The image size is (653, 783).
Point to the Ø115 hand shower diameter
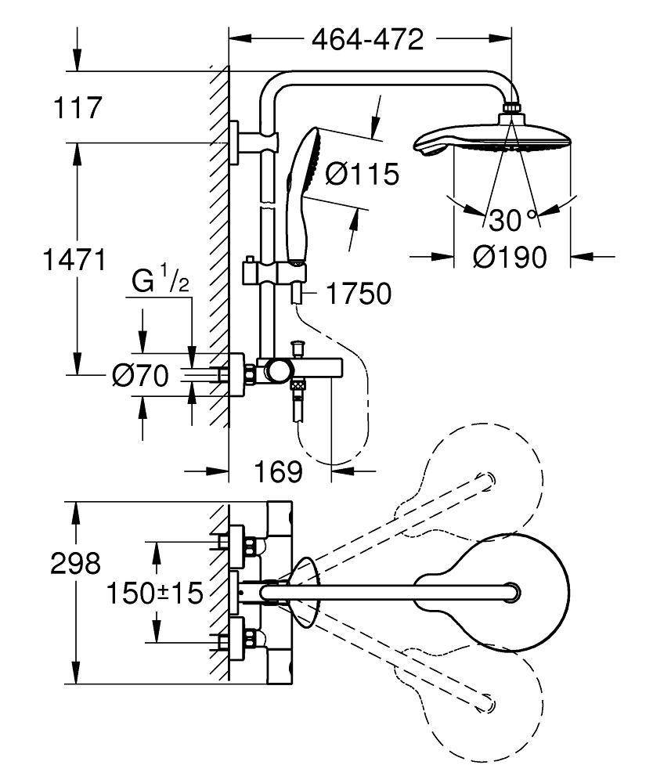tap(362, 174)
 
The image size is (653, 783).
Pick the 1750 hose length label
tap(357, 294)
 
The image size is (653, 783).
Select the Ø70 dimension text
tap(140, 377)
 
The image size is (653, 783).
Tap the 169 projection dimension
tap(277, 471)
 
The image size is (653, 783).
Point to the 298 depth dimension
tap(76, 563)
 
